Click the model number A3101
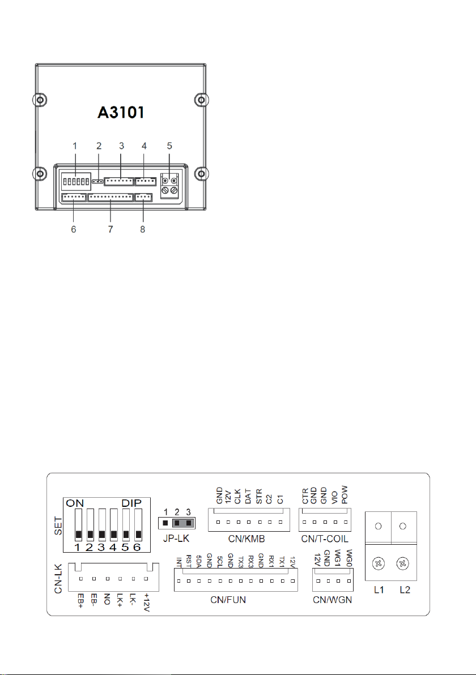pyautogui.click(x=121, y=112)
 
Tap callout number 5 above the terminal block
pyautogui.click(x=169, y=146)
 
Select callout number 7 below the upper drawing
pyautogui.click(x=110, y=229)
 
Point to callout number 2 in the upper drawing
pyautogui.click(x=99, y=146)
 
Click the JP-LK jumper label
pyautogui.click(x=176, y=538)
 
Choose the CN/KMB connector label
pyautogui.click(x=246, y=539)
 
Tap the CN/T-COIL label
pyautogui.click(x=325, y=539)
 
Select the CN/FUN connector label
pyautogui.click(x=228, y=600)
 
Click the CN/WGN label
pyautogui.click(x=332, y=600)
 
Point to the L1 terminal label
pyautogui.click(x=379, y=589)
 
